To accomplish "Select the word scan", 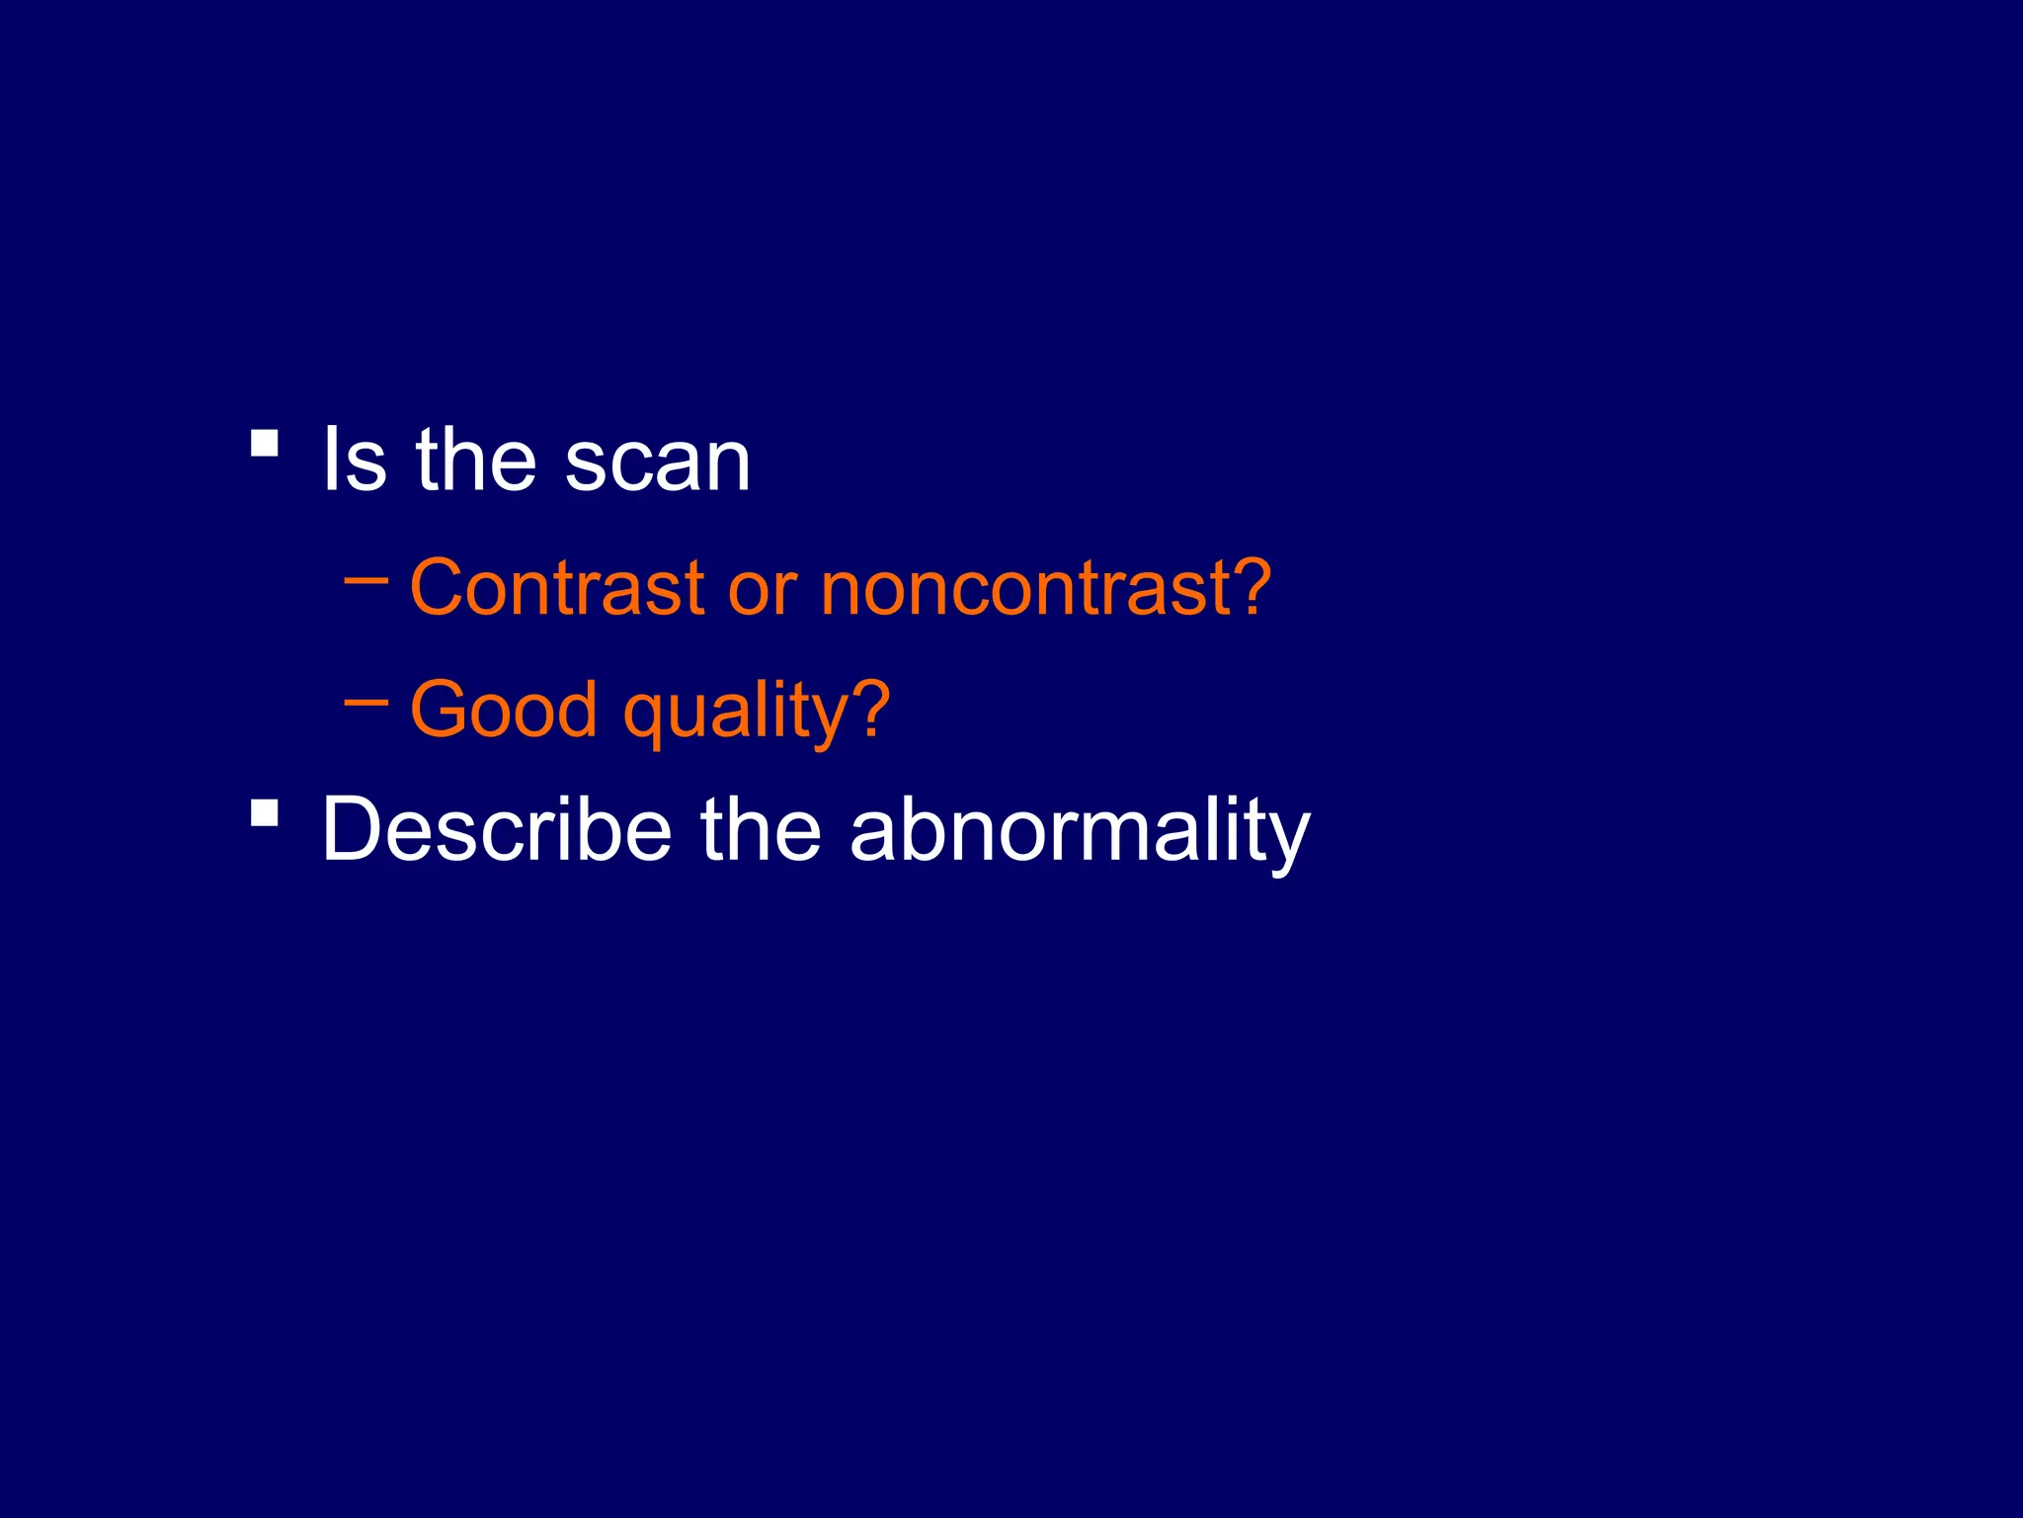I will tap(658, 463).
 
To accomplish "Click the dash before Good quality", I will tap(365, 703).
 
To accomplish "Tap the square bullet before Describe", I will tap(264, 812).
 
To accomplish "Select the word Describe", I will tap(497, 829).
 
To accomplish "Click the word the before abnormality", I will tap(760, 829).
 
